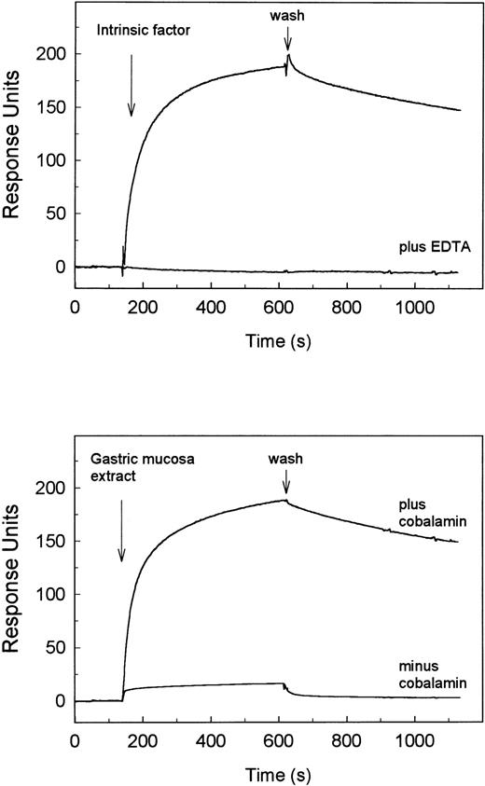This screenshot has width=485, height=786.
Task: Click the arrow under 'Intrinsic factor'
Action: (132, 85)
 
